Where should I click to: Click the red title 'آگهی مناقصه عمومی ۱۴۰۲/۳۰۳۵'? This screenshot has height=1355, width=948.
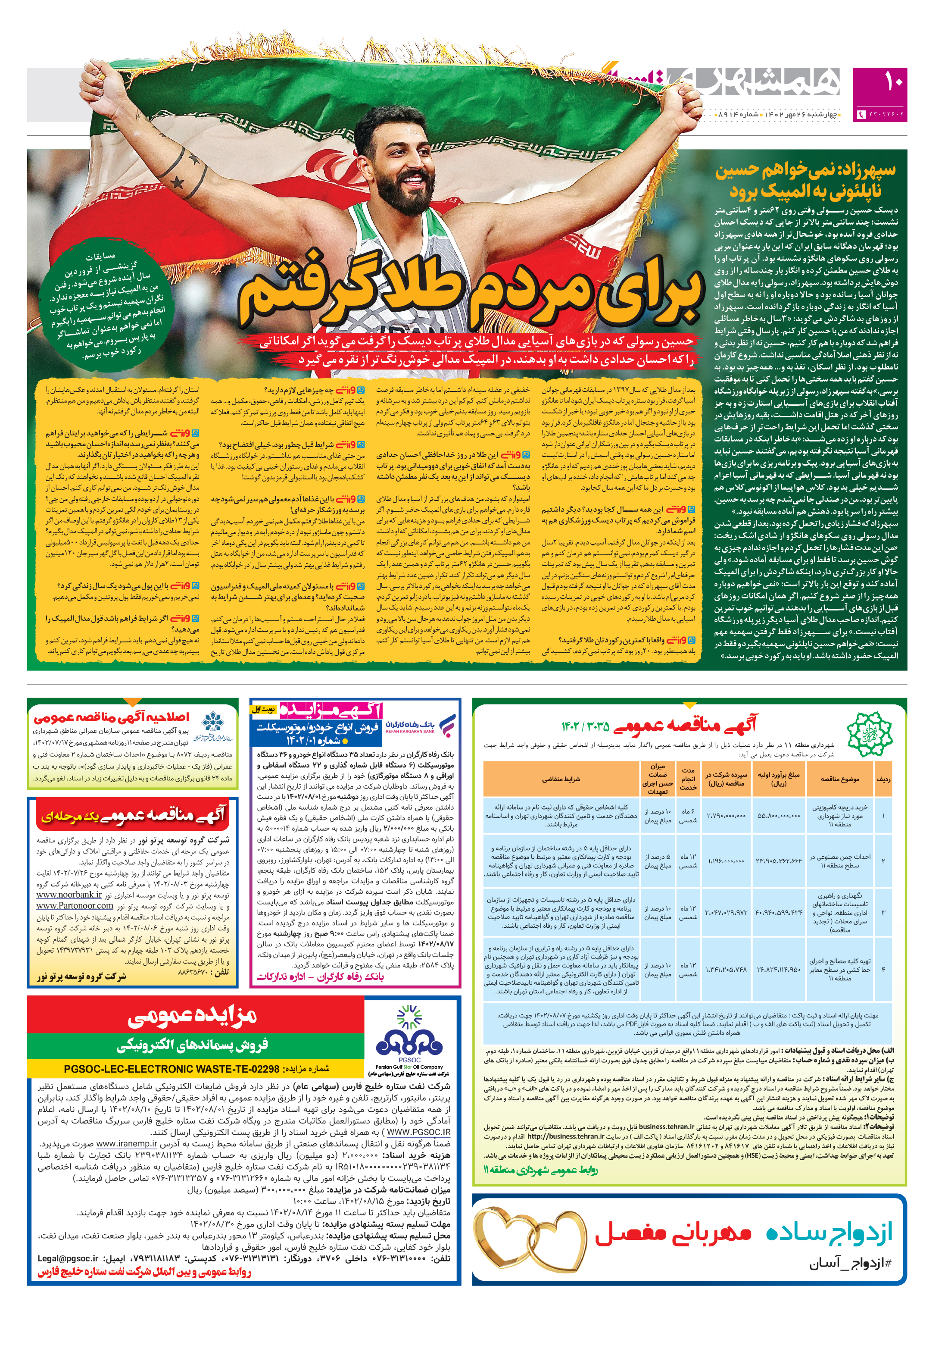pyautogui.click(x=658, y=725)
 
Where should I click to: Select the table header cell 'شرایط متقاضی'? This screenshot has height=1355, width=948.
pyautogui.click(x=561, y=779)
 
